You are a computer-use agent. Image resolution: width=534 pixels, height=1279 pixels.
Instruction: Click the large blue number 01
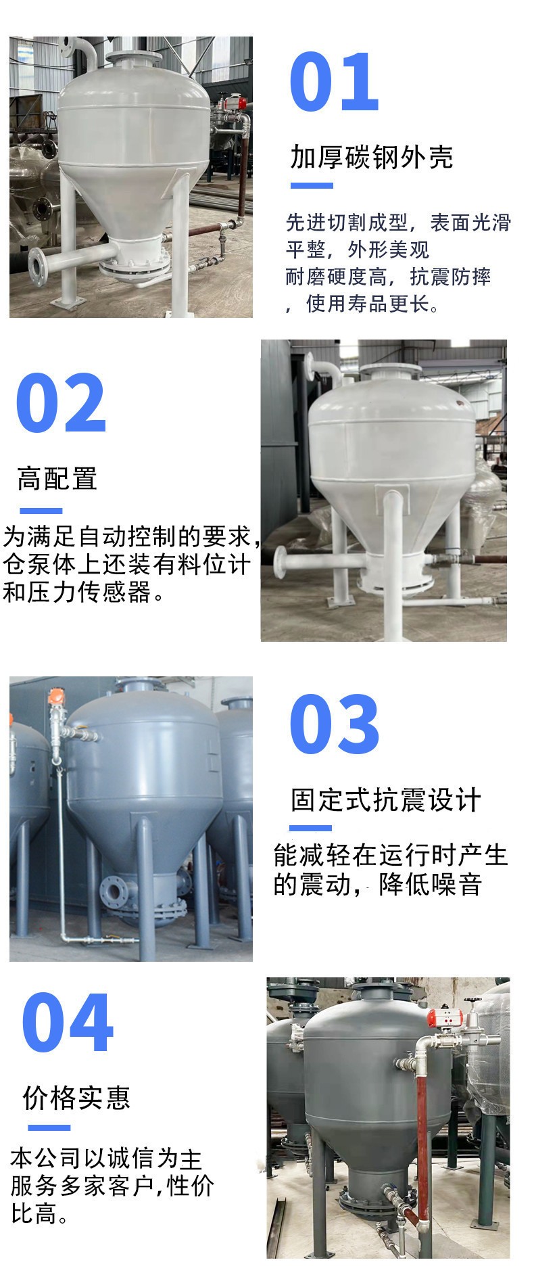coord(334,83)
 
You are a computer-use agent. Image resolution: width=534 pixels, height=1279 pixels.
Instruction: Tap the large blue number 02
coord(61,403)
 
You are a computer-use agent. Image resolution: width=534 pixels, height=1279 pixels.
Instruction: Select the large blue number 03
coord(334,724)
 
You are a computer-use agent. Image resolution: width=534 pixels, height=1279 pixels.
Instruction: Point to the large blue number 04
coord(67,1023)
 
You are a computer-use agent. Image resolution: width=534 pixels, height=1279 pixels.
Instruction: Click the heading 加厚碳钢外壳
coord(371,157)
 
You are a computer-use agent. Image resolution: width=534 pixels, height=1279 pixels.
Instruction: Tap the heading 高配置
coord(57,479)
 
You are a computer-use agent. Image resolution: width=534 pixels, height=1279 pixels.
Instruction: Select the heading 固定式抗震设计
coord(385,800)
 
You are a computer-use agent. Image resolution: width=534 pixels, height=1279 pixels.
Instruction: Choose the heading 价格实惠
coord(76,1098)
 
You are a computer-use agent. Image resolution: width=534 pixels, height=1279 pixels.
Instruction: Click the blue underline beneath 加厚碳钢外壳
coord(312,185)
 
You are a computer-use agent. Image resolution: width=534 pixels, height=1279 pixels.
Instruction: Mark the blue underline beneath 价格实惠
coord(49,1127)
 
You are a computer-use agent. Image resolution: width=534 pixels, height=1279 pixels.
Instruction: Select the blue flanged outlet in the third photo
coord(114,892)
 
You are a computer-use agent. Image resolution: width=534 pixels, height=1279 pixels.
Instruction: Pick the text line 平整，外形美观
coord(358,250)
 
